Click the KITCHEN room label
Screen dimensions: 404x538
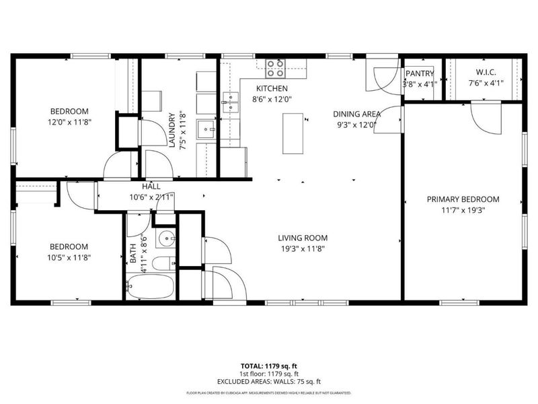tap(272, 88)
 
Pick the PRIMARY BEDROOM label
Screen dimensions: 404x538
tap(463, 199)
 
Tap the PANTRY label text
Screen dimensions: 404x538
tap(420, 73)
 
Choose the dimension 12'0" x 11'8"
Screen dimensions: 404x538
tap(69, 122)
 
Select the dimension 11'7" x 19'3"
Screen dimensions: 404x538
tap(463, 210)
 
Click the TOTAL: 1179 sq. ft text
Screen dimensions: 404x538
tap(269, 366)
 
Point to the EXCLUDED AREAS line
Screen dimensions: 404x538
tap(269, 381)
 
